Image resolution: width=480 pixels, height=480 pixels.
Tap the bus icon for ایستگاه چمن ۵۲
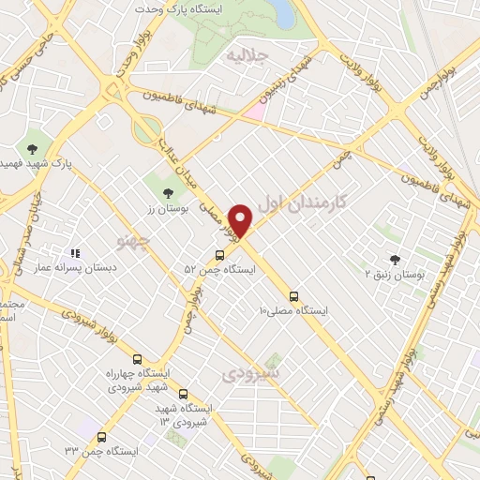click(220, 254)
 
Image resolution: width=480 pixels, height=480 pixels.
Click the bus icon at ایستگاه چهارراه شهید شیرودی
click(138, 358)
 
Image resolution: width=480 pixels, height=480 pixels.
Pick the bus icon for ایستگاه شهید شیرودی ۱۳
click(183, 395)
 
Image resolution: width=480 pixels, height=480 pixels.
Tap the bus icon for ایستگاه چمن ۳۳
click(101, 437)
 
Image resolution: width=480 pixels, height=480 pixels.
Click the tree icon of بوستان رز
click(168, 193)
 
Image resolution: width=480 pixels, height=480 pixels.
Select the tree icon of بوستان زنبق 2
click(394, 260)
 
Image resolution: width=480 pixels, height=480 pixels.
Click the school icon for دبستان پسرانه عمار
click(75, 253)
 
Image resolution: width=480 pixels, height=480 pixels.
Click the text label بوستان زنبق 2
click(395, 276)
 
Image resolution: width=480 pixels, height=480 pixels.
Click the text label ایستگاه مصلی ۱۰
click(292, 309)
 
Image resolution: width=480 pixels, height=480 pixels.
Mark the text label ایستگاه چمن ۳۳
click(102, 452)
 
